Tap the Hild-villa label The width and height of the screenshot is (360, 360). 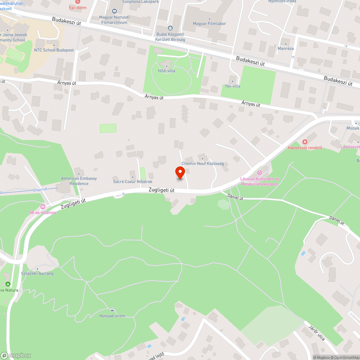167,71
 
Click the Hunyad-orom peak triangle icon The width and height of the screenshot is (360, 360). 112,310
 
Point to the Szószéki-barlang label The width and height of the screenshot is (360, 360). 37,273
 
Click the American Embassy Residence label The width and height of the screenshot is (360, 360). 79,181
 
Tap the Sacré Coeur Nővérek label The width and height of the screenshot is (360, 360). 133,182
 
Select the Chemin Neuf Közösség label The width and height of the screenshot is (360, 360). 203,163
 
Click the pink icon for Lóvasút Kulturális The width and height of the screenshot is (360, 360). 260,173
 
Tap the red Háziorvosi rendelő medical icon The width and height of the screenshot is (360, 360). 305,142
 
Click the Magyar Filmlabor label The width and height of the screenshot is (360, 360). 209,24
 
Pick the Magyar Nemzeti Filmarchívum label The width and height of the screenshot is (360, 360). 114,19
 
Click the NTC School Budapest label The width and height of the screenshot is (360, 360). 54,50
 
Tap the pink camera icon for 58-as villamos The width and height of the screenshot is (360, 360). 43,207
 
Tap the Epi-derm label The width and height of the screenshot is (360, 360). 76,6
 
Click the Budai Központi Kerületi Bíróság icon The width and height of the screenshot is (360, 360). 170,28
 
